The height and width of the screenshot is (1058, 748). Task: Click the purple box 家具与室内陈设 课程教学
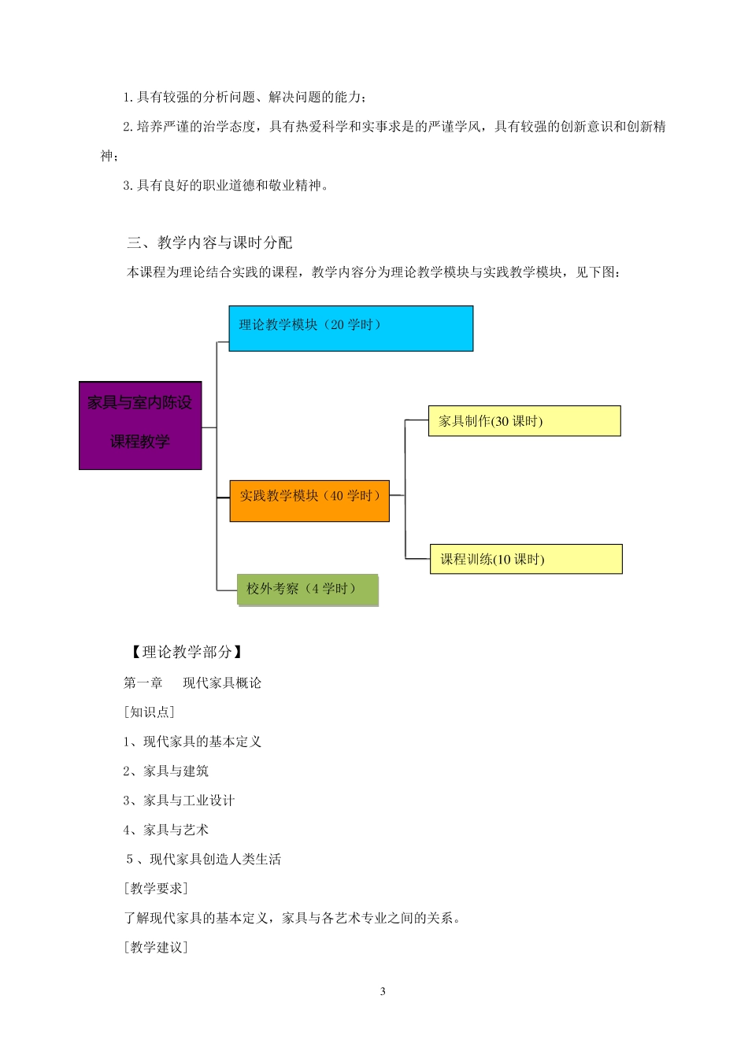coord(140,425)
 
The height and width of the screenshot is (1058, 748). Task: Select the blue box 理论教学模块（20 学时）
coord(350,328)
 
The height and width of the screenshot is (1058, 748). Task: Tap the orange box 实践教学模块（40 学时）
coord(309,501)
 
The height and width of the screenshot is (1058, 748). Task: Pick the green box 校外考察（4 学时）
coord(307,590)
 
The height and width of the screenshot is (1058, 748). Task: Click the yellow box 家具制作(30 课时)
coord(524,421)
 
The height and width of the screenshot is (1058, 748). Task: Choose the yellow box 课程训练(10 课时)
coord(526,559)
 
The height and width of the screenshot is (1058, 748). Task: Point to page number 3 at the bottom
coord(383,991)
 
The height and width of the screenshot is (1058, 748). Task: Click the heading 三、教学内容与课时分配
coord(209,242)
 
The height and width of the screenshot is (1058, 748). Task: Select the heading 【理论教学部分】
coord(184,652)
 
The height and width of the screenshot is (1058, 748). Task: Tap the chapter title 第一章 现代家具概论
coord(192,683)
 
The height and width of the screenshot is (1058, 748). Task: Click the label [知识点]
coord(149,712)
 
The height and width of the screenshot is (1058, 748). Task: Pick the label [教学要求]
coord(156,888)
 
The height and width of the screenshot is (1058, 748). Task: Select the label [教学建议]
coord(156,947)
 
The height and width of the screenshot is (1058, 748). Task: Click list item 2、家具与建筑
coord(165,771)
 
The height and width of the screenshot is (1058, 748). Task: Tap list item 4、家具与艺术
coord(165,830)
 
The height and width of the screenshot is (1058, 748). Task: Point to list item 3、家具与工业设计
coord(179,800)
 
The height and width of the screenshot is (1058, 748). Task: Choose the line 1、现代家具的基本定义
coord(192,742)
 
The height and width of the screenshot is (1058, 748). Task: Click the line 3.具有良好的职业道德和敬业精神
coord(226,186)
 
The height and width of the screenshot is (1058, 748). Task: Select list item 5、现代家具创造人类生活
coord(203,859)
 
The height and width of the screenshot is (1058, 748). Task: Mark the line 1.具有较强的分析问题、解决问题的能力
coord(244,97)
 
